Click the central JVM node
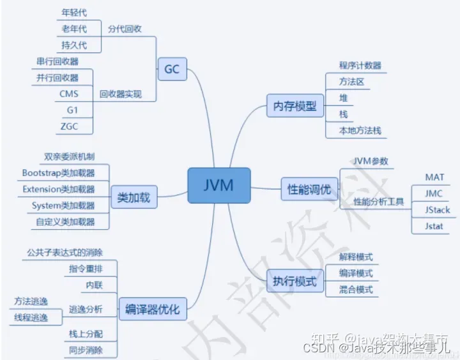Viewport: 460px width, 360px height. [x=218, y=185]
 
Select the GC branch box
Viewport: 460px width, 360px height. [x=172, y=69]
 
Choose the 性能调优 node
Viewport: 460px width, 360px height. [x=309, y=188]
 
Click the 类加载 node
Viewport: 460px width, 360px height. [x=134, y=197]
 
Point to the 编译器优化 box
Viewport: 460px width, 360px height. [x=153, y=310]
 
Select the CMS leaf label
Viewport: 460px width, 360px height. [x=69, y=94]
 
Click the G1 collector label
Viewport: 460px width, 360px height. [x=72, y=110]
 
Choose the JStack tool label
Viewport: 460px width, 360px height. [x=438, y=209]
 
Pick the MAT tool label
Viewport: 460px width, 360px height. [x=434, y=177]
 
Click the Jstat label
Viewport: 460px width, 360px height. [x=434, y=226]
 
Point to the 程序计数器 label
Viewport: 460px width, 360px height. [x=360, y=65]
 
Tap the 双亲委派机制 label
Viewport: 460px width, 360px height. [x=70, y=156]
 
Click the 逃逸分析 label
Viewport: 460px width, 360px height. [x=85, y=310]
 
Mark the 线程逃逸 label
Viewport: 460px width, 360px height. [x=31, y=317]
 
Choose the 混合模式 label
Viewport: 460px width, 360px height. [x=356, y=290]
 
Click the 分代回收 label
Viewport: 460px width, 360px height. [x=125, y=29]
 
